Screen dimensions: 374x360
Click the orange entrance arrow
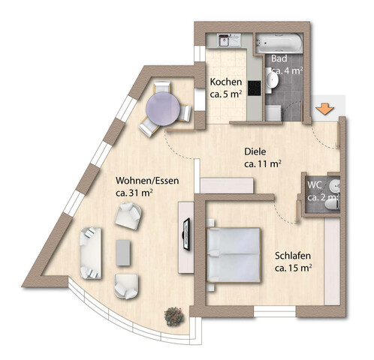(x=324, y=109)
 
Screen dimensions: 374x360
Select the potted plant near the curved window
(x=174, y=316)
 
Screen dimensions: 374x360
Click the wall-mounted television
(x=186, y=234)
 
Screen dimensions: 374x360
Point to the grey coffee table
(x=123, y=253)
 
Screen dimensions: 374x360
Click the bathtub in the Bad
(x=279, y=43)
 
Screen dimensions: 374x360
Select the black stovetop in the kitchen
(x=255, y=88)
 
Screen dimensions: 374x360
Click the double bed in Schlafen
(x=234, y=255)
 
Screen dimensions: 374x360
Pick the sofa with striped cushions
(x=91, y=253)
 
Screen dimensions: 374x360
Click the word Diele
(x=255, y=151)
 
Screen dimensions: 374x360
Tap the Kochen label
(x=226, y=82)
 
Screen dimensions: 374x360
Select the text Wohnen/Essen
(x=147, y=181)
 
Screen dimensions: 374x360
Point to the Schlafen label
(x=293, y=256)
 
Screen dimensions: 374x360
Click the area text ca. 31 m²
(x=134, y=193)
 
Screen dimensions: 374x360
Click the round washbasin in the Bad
(x=272, y=80)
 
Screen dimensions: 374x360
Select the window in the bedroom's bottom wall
(x=275, y=311)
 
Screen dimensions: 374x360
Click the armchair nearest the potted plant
(x=126, y=286)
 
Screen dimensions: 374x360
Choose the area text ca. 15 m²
(x=293, y=268)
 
